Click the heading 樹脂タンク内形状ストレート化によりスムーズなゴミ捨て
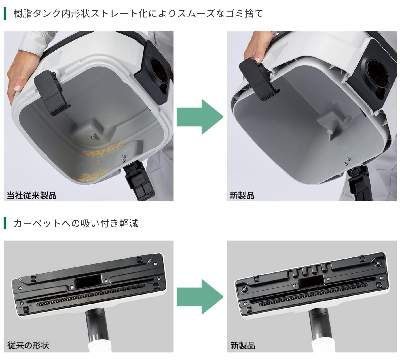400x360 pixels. click(x=138, y=14)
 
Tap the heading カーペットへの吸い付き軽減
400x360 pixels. click(x=76, y=223)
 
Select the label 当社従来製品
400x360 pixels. click(x=32, y=195)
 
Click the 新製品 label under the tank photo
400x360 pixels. click(x=242, y=195)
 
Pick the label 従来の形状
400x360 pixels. click(x=28, y=345)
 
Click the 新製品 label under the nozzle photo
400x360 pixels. click(x=243, y=345)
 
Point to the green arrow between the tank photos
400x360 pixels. click(x=200, y=117)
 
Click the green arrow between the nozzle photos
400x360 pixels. click(x=200, y=297)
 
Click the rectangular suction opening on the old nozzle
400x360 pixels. click(x=88, y=280)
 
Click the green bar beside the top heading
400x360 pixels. click(x=5, y=14)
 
